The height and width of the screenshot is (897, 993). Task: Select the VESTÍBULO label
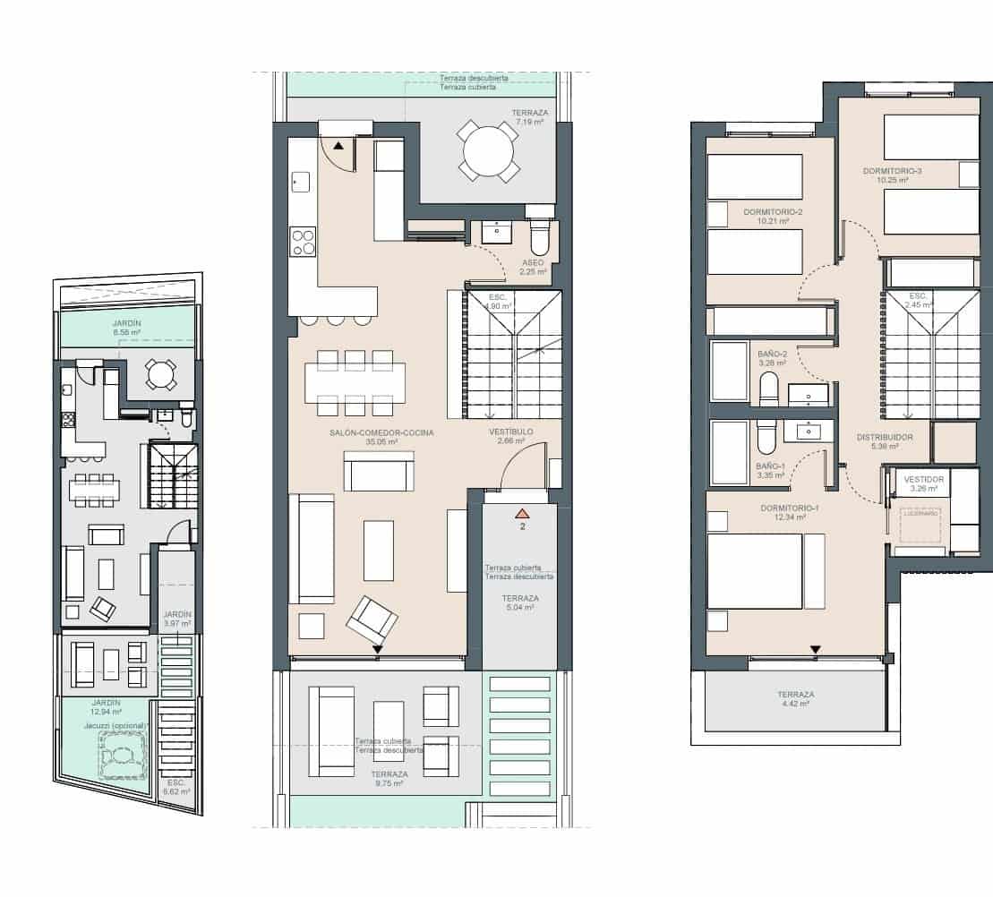pos(511,432)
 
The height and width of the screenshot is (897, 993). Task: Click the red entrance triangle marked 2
pos(522,513)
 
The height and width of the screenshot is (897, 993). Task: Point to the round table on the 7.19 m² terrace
pos(488,152)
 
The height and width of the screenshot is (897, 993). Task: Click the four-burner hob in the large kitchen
pos(303,242)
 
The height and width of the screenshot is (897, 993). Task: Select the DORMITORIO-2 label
pos(773,212)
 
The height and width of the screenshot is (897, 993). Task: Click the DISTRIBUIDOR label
pos(884,437)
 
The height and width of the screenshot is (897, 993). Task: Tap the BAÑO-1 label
pos(770,466)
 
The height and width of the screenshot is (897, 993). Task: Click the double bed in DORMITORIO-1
pos(754,571)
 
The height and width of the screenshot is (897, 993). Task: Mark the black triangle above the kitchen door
pos(338,144)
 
